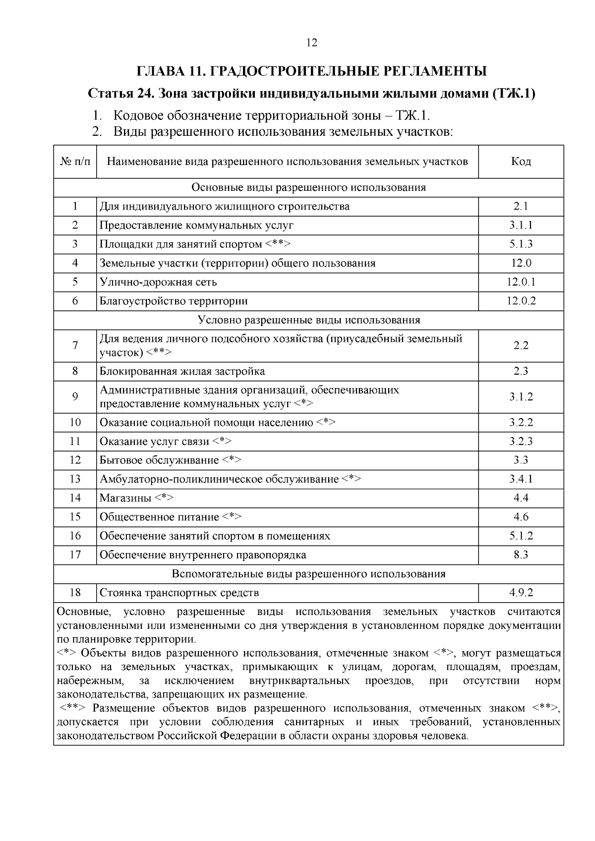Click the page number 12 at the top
click(x=312, y=43)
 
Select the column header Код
click(x=521, y=162)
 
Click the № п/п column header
click(x=75, y=162)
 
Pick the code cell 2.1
click(x=521, y=206)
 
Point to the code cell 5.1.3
click(x=521, y=244)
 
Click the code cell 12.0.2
click(x=521, y=301)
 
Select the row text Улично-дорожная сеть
click(x=158, y=282)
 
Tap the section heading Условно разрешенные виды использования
click(x=308, y=320)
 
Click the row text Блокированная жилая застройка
click(x=182, y=371)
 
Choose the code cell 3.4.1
click(x=521, y=479)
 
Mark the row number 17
click(x=75, y=555)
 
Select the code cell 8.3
click(x=521, y=555)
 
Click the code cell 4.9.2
click(x=521, y=593)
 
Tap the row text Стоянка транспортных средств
click(x=179, y=593)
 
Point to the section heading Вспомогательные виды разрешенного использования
click(x=308, y=574)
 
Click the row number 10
click(x=75, y=422)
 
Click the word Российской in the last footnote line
click(x=187, y=736)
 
